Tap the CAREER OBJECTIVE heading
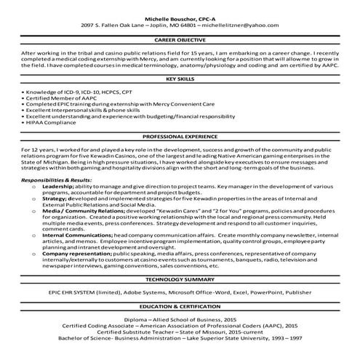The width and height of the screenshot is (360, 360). [x=180, y=42]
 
